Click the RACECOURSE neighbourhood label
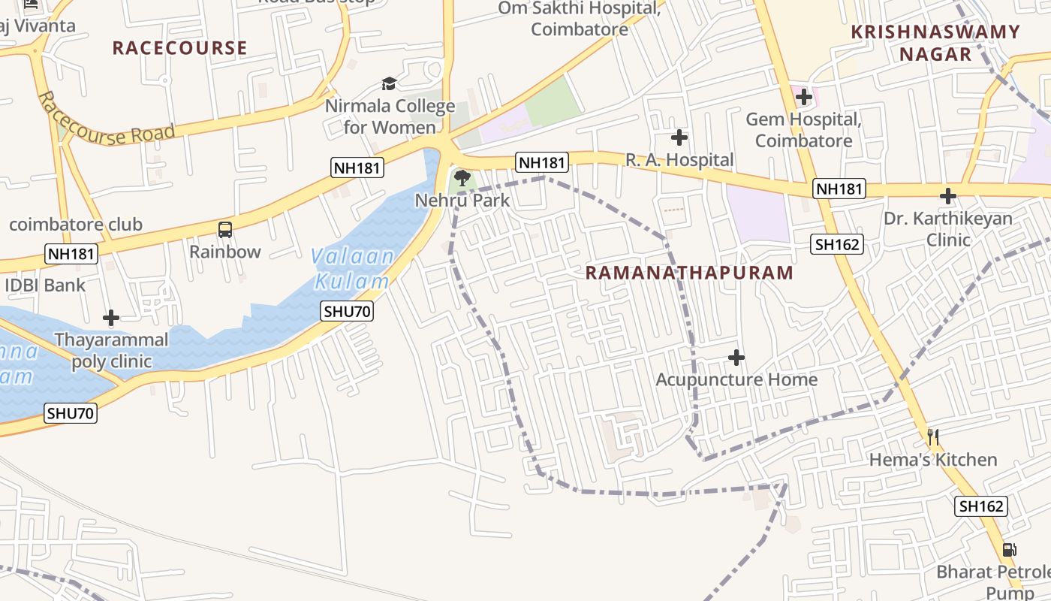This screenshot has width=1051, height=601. pyautogui.click(x=179, y=48)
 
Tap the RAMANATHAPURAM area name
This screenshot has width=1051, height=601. pyautogui.click(x=689, y=273)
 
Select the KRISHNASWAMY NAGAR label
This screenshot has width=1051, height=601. pyautogui.click(x=935, y=43)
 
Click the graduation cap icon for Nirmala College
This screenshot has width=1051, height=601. pyautogui.click(x=389, y=83)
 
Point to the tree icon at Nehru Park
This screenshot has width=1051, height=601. pyautogui.click(x=462, y=178)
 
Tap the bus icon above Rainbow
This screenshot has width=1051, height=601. pyautogui.click(x=224, y=230)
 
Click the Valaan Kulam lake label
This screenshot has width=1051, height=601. pyautogui.click(x=353, y=269)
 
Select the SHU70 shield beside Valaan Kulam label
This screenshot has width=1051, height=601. pyautogui.click(x=347, y=311)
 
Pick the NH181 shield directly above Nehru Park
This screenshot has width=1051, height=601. pyautogui.click(x=541, y=162)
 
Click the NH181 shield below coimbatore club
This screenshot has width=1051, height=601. pyautogui.click(x=71, y=254)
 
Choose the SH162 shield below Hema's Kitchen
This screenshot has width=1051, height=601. pyautogui.click(x=981, y=506)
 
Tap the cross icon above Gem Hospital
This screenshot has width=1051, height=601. pyautogui.click(x=804, y=97)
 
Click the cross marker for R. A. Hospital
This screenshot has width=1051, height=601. pyautogui.click(x=679, y=137)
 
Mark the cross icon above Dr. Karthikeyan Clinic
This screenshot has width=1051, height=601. pyautogui.click(x=948, y=197)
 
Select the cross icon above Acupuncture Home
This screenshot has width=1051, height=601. pyautogui.click(x=736, y=358)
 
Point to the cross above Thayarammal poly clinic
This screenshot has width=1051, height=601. pyautogui.click(x=111, y=319)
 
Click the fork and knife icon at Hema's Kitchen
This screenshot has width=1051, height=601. pyautogui.click(x=933, y=437)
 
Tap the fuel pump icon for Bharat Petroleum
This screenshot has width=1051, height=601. pyautogui.click(x=1010, y=550)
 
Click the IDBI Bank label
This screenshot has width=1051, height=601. pyautogui.click(x=45, y=285)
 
